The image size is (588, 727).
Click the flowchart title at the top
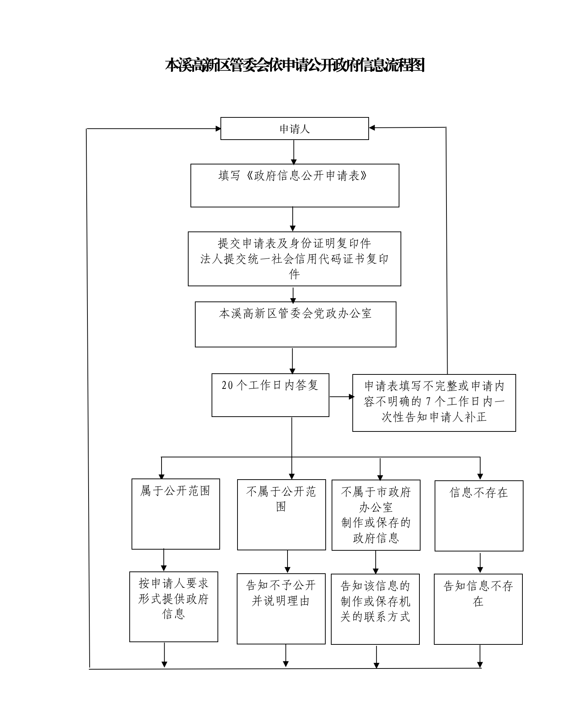pyautogui.click(x=295, y=65)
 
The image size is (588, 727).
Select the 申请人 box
pyautogui.click(x=295, y=129)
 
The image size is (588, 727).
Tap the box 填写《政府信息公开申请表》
pyautogui.click(x=295, y=186)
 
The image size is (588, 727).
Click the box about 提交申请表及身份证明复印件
pyautogui.click(x=294, y=259)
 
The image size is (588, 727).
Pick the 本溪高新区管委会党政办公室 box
pyautogui.click(x=295, y=324)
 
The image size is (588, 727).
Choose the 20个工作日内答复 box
pyautogui.click(x=270, y=395)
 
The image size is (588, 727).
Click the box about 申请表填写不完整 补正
pyautogui.click(x=434, y=403)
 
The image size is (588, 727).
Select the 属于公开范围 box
pyautogui.click(x=176, y=514)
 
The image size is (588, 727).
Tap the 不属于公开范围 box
pyautogui.click(x=281, y=515)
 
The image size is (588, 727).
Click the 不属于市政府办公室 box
pyautogui.click(x=376, y=515)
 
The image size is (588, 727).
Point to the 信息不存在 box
pyautogui.click(x=479, y=516)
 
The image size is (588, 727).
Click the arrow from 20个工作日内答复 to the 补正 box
pyautogui.click(x=342, y=397)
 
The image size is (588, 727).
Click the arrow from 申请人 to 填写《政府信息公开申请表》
pyautogui.click(x=294, y=152)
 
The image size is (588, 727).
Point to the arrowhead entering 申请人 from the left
pyautogui.click(x=218, y=129)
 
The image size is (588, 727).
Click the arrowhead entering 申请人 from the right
pyautogui.click(x=372, y=128)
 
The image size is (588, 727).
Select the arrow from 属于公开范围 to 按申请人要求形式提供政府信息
pyautogui.click(x=164, y=560)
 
